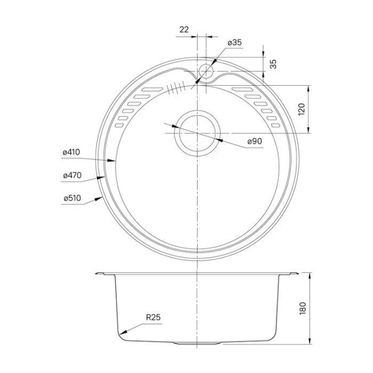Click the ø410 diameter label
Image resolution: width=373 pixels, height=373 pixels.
click(x=71, y=152)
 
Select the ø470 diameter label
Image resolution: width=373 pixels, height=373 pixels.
click(x=71, y=175)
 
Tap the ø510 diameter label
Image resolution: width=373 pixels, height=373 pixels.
click(x=71, y=199)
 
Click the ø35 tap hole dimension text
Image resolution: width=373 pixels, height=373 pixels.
click(x=234, y=43)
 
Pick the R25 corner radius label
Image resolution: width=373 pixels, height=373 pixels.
click(x=153, y=318)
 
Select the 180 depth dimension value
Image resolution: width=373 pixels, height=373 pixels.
click(x=303, y=308)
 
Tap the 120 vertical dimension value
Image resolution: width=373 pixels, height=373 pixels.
click(x=303, y=111)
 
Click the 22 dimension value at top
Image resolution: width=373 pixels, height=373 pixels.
click(x=184, y=29)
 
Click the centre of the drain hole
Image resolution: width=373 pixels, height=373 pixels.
click(x=196, y=134)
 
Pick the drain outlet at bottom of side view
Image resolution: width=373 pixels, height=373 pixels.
click(x=196, y=343)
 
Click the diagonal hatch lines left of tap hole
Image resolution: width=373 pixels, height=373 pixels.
click(x=177, y=87)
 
